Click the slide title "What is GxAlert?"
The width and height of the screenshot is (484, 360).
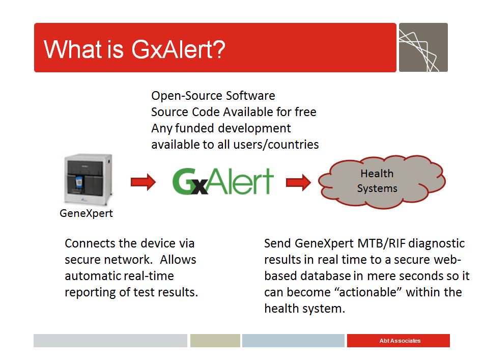point(134,49)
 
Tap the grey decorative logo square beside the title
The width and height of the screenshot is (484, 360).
point(423,47)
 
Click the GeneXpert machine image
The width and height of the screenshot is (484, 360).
point(87,180)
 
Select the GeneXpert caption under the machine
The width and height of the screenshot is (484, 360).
point(86,213)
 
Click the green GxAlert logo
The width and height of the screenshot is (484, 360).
point(223,182)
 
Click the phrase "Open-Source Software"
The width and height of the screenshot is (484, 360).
point(213,96)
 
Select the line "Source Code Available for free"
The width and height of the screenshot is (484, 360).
point(234,112)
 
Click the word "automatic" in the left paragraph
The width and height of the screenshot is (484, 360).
point(92,276)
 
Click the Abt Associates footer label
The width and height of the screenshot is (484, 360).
point(400,341)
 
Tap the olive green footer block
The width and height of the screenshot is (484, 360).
point(215,341)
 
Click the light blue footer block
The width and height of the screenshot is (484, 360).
point(293,341)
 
